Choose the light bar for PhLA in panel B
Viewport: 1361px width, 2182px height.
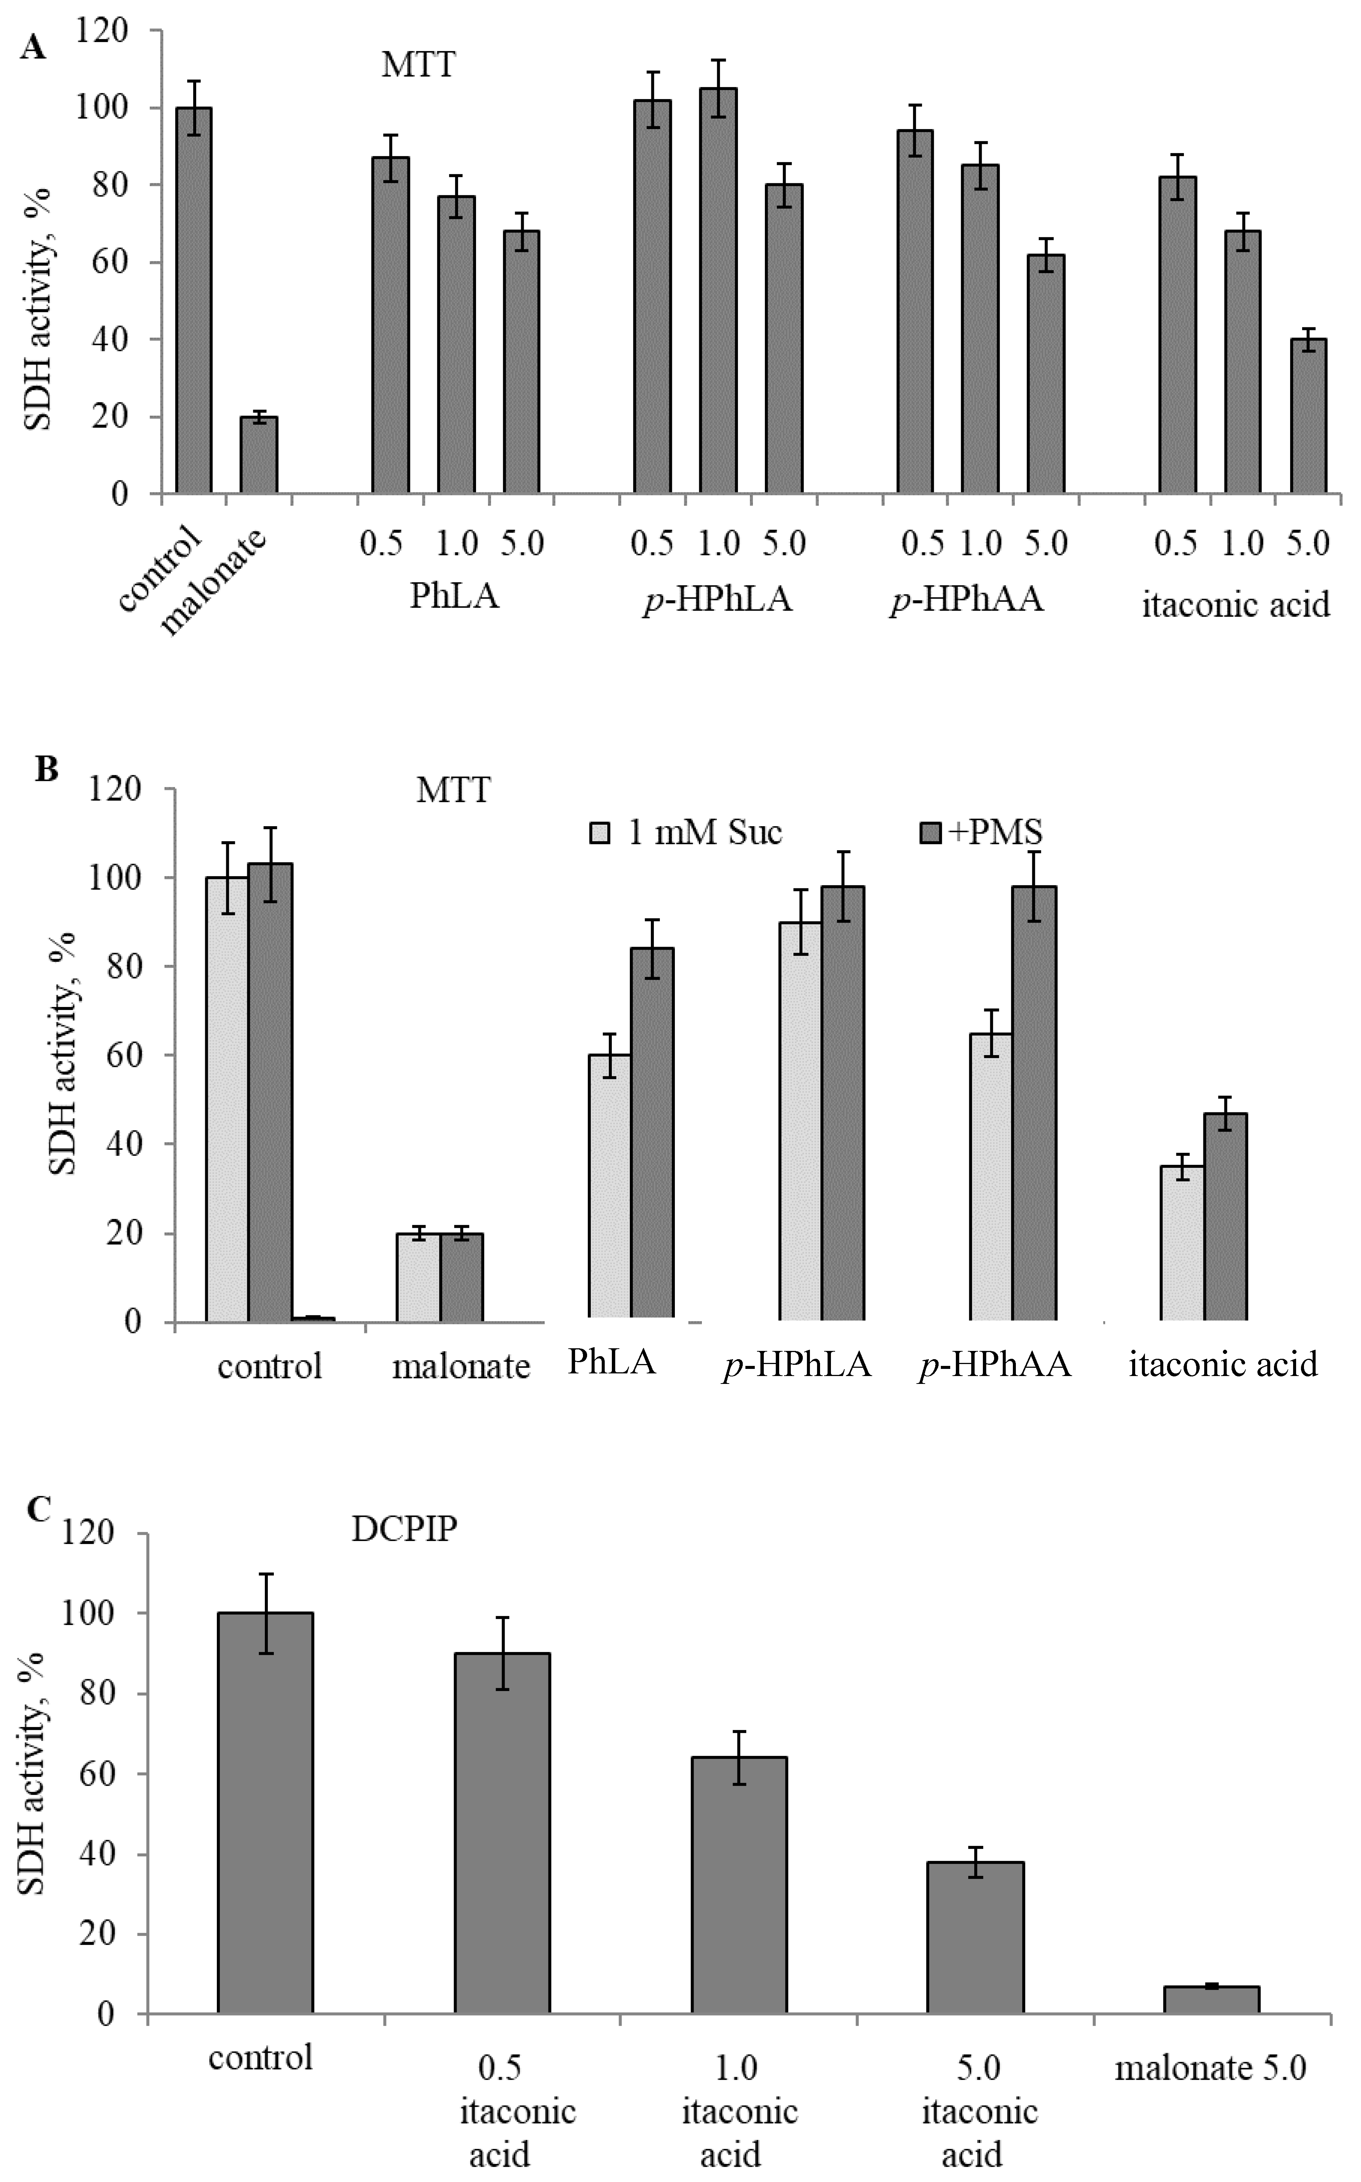tap(609, 1188)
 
